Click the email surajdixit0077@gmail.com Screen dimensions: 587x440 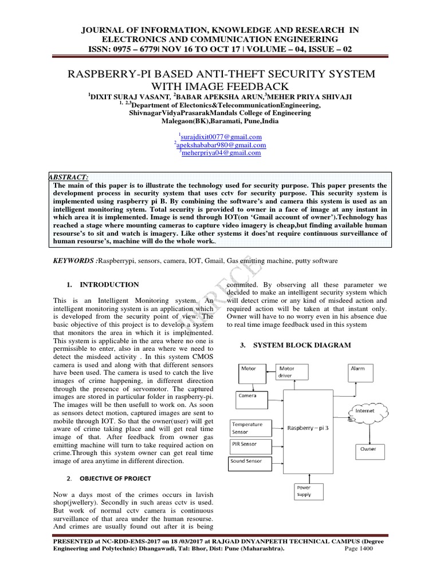coord(221,137)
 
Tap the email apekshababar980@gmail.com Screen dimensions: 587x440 coord(221,145)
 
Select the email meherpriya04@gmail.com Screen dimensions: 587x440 coord(221,153)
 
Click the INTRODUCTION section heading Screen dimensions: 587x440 coord(109,284)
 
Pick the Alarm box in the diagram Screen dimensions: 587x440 coord(364,373)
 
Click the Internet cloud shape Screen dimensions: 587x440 coord(364,411)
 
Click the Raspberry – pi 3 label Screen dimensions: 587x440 coord(308,428)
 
